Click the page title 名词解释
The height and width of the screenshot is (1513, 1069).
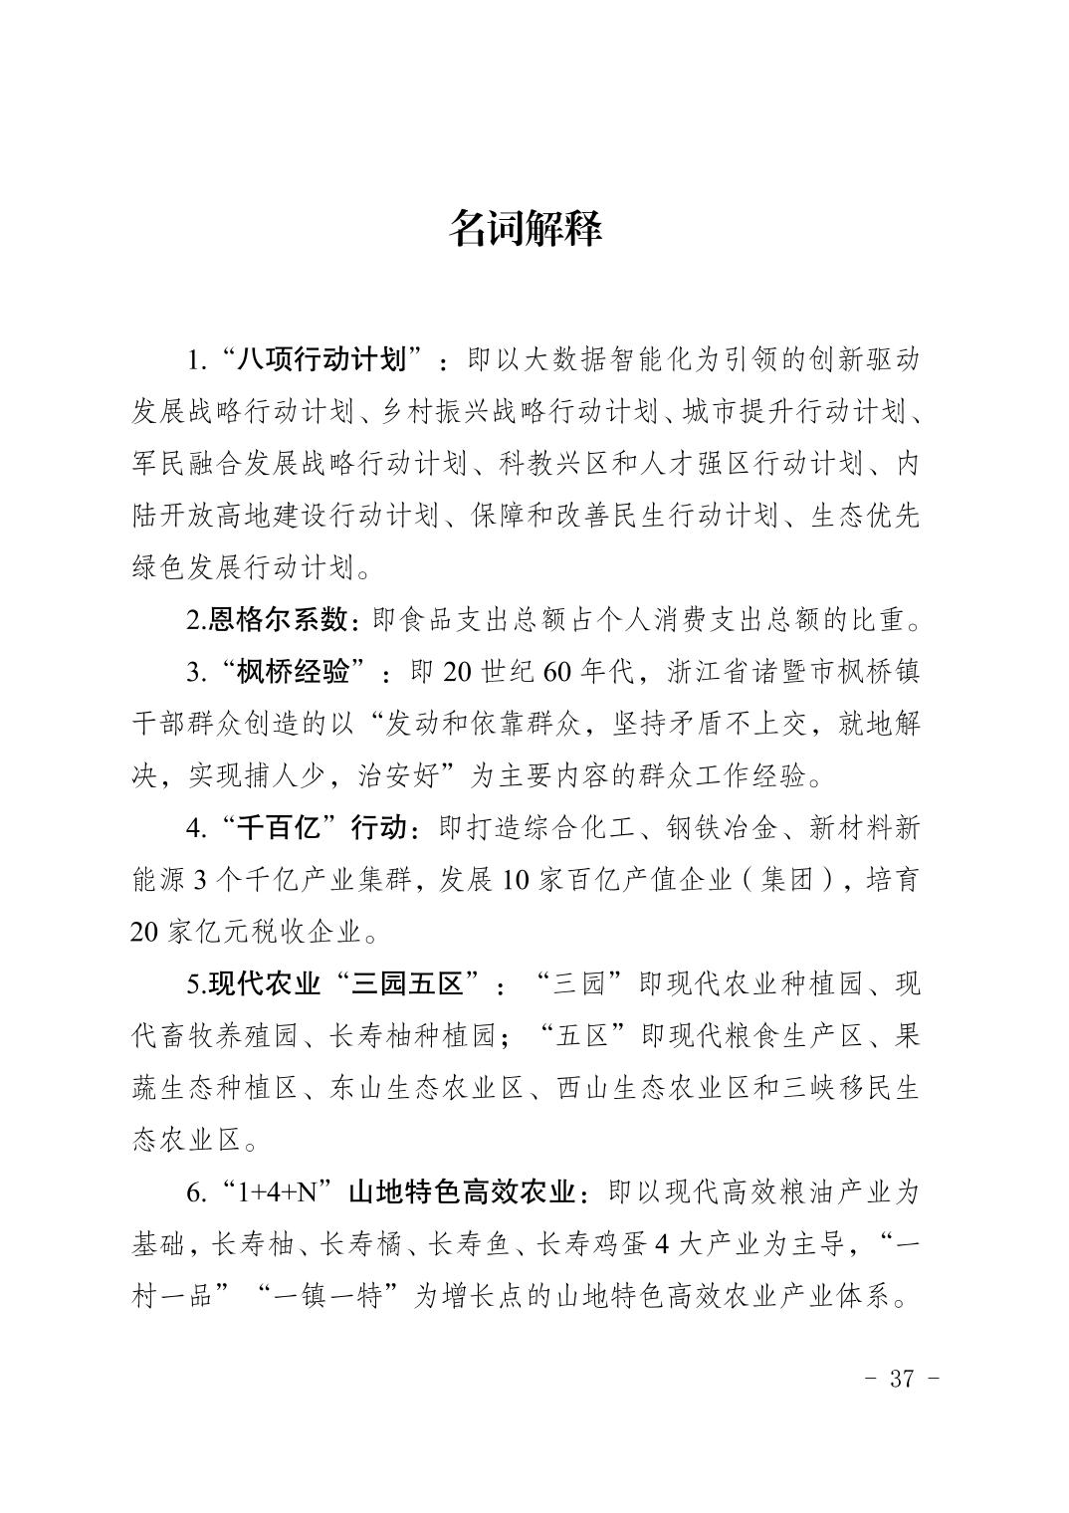click(x=526, y=228)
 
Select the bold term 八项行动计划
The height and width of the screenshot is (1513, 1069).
click(x=324, y=359)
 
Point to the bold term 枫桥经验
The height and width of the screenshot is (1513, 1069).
click(x=294, y=672)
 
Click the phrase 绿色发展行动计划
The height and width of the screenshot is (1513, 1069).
click(x=243, y=568)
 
